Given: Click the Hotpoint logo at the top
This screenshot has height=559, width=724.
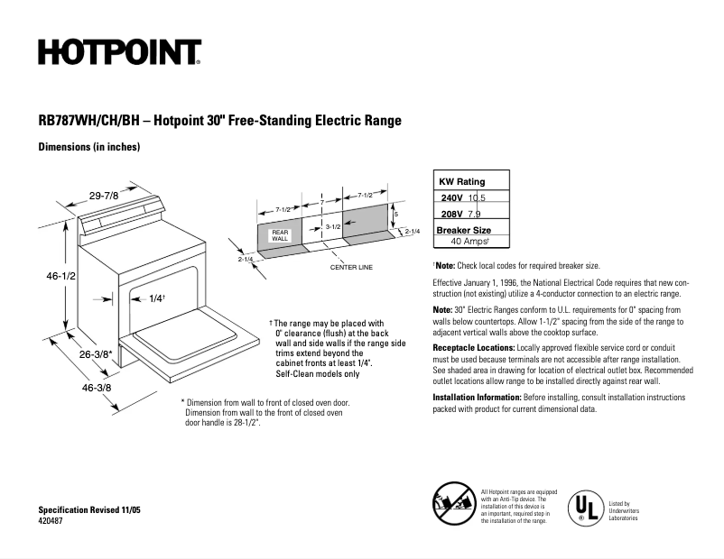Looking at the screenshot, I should pos(118,53).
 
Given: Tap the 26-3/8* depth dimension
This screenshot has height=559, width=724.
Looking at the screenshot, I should pos(95,354).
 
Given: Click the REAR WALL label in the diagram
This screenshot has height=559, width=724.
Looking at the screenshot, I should pos(280,235).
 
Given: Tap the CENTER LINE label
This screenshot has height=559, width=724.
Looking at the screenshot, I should pos(351,268).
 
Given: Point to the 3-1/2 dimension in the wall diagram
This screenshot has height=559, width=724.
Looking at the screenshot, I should pos(332,227).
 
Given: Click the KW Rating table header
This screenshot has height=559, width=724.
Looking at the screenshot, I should pos(461,181).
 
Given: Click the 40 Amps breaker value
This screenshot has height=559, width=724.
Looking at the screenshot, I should pos(469,242).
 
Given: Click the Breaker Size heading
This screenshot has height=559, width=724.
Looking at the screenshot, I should pos(463,230).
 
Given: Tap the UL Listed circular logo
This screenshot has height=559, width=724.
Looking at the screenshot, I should pos(584,509).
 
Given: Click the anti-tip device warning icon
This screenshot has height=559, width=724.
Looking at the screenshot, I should pos(453,502).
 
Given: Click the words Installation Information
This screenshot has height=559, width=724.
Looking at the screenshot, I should pos(476,397).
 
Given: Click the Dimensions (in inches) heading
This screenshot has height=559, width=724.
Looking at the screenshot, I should pos(88,147).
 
